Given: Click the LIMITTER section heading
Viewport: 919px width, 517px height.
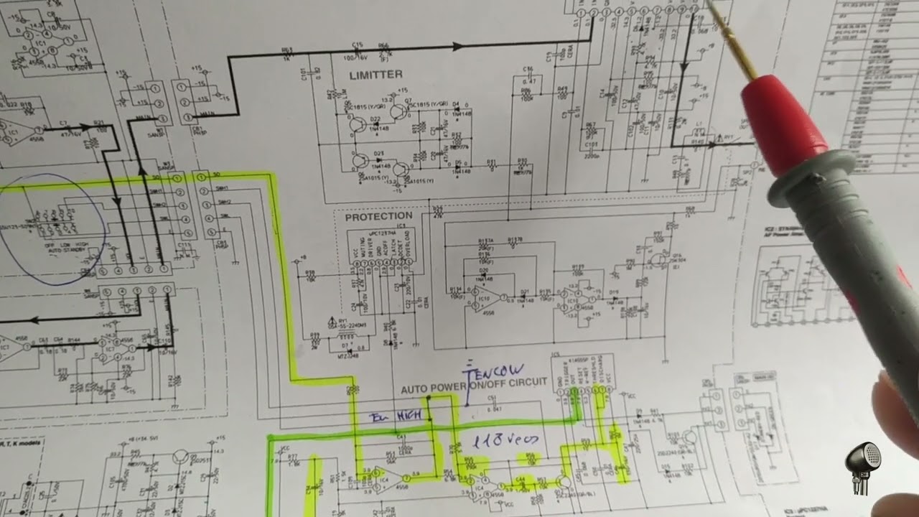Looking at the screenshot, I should click(x=375, y=75).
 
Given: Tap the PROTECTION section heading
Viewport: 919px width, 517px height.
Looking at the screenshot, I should click(x=378, y=216).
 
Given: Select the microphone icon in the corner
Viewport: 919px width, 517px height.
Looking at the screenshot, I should click(x=864, y=467).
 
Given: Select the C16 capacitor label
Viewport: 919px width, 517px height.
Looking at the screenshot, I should click(x=528, y=69).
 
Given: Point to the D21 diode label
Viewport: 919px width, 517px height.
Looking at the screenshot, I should click(x=525, y=292).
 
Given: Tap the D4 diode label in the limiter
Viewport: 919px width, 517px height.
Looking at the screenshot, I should click(x=456, y=105).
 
